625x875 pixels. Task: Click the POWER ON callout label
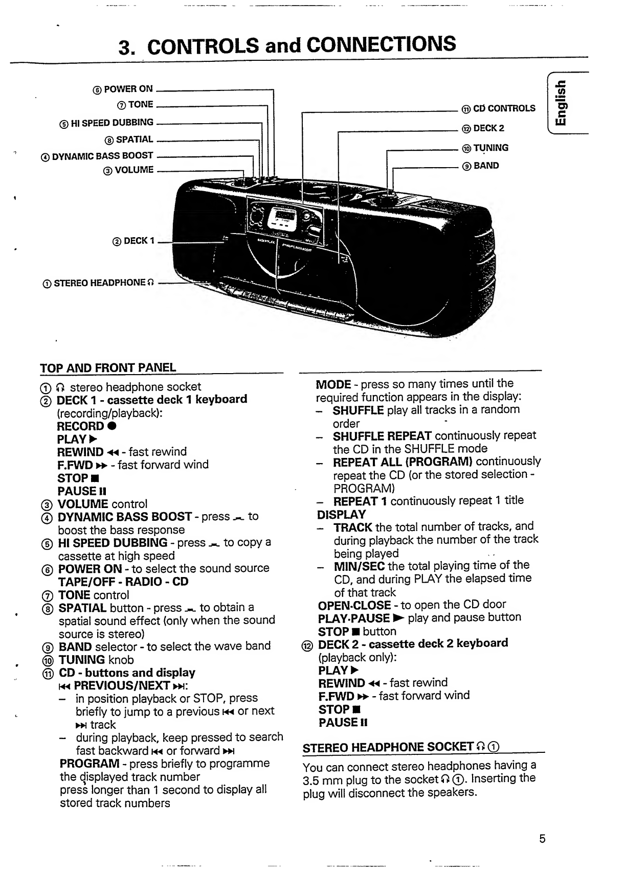(123, 89)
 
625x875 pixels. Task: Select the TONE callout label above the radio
(135, 105)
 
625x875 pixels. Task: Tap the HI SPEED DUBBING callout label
(106, 123)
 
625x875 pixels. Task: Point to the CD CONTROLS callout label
(498, 108)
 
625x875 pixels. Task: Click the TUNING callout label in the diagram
(485, 148)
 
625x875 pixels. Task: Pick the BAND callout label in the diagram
(480, 166)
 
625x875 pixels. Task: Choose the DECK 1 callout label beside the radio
(133, 241)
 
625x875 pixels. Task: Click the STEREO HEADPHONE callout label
(98, 283)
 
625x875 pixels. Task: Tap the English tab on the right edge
(561, 103)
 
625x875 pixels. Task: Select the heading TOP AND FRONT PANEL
(108, 367)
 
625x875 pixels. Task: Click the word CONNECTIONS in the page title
(381, 44)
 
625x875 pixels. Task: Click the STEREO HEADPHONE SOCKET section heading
(401, 747)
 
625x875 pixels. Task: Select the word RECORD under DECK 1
(80, 426)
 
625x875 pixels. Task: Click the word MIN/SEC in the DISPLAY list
(359, 566)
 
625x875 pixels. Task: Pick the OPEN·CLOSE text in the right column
(354, 606)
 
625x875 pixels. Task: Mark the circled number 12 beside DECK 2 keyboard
(307, 646)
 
